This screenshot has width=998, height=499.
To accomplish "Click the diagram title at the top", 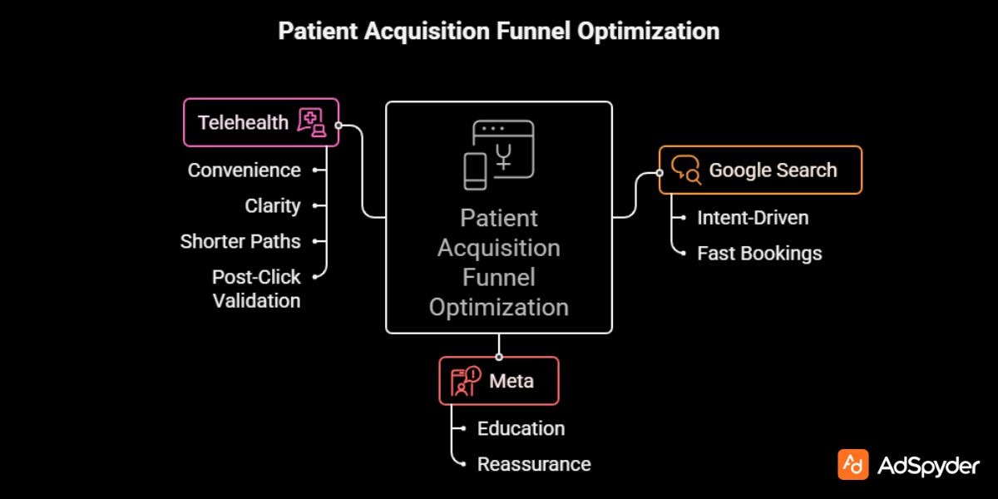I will click(x=498, y=32).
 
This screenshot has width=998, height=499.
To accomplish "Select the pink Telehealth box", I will click(x=261, y=122).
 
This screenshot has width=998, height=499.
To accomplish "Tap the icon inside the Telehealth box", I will click(x=312, y=122).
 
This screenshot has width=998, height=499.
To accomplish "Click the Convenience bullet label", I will click(x=244, y=170).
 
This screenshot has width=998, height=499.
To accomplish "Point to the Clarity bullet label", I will click(x=272, y=206).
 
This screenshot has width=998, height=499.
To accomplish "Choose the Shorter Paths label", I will click(x=240, y=242).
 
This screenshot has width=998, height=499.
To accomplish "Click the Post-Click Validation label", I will click(x=256, y=289).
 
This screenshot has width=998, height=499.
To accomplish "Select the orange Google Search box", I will click(x=760, y=170).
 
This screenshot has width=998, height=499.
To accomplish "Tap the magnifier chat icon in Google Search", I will click(x=686, y=170).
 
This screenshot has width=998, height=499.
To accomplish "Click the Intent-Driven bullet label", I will click(x=753, y=218).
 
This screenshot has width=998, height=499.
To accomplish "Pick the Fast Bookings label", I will click(x=759, y=254).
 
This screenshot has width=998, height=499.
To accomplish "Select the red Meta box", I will click(x=499, y=381).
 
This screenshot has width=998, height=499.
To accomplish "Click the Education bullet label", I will click(x=521, y=429).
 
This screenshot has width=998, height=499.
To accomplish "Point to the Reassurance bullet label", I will click(x=534, y=465).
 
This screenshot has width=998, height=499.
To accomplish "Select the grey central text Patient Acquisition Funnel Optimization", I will click(x=499, y=263).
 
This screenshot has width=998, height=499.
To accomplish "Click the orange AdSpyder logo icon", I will click(x=852, y=466).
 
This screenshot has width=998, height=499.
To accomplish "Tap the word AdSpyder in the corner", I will click(x=928, y=467).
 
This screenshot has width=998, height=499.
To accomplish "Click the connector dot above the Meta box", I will click(x=499, y=357).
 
